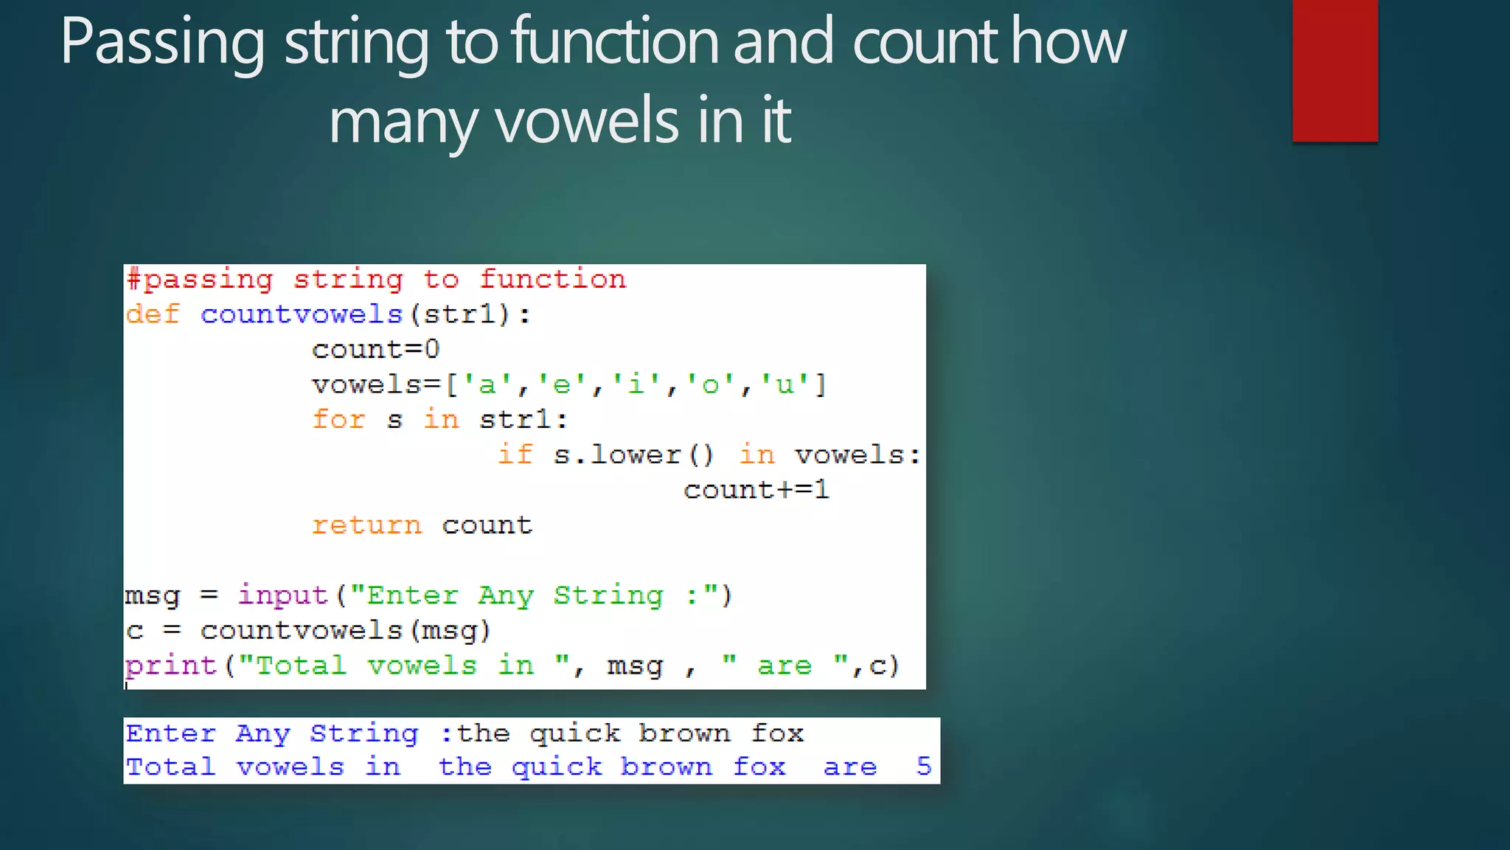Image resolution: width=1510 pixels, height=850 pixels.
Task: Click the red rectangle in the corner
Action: tap(1335, 71)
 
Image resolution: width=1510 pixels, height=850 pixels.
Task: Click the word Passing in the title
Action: tap(162, 43)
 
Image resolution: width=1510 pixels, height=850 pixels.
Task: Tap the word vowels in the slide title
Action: tap(587, 121)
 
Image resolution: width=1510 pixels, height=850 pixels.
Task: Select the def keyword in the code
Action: tap(153, 314)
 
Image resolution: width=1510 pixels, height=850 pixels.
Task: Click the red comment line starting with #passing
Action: tap(376, 280)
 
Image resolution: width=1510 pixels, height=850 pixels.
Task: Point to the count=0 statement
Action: tap(375, 349)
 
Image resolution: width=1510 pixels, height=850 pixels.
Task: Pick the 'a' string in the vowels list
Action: tap(487, 384)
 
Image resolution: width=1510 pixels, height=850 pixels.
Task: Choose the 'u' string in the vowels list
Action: tap(784, 384)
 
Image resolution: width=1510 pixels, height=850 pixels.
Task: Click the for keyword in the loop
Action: tap(338, 419)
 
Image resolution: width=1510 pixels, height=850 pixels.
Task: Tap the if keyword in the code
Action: tap(515, 455)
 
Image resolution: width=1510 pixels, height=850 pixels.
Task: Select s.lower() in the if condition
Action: tap(634, 455)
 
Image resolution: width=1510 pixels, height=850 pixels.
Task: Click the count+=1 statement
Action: tap(756, 489)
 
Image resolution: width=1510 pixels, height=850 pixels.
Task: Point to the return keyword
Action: tap(366, 525)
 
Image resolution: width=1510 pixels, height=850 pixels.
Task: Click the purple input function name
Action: tap(282, 595)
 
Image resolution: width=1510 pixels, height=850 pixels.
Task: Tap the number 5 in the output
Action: tap(923, 767)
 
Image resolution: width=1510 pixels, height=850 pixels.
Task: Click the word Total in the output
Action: tap(170, 767)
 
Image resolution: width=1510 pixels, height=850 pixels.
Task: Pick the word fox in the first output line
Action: tap(777, 733)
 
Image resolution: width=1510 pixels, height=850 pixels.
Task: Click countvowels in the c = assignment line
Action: tap(301, 630)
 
